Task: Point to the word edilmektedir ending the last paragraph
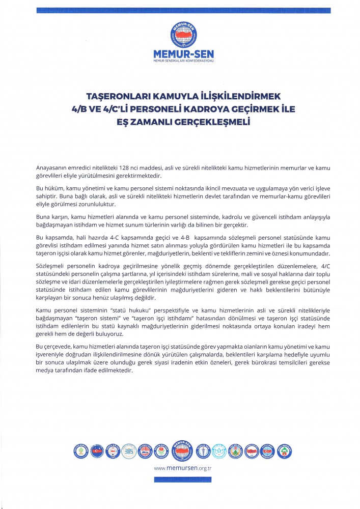pyautogui.click(x=116, y=370)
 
